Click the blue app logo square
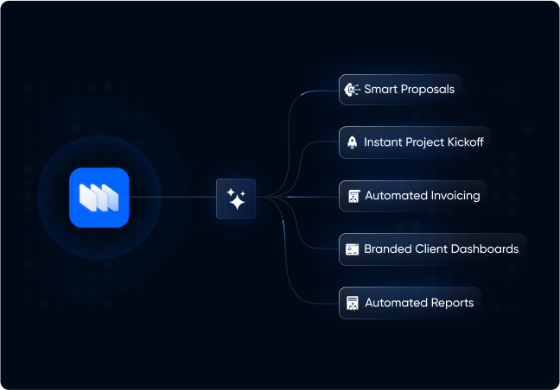click(99, 198)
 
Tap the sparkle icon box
click(236, 198)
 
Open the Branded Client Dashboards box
click(432, 248)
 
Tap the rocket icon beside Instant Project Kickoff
click(352, 142)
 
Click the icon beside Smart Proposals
click(352, 89)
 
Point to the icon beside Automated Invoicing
click(353, 196)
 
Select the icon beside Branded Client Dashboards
click(352, 249)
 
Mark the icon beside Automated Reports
click(353, 303)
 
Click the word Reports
click(452, 303)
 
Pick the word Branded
click(386, 248)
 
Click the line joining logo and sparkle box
click(173, 198)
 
